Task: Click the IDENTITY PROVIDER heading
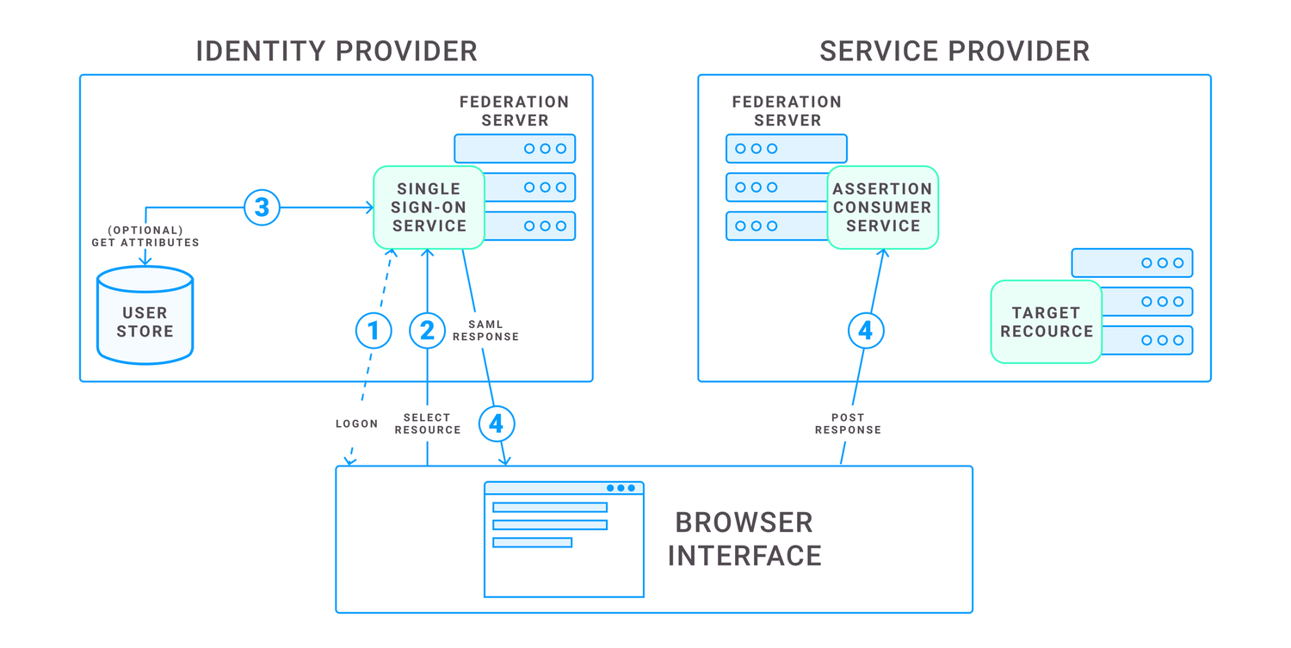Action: pos(337,51)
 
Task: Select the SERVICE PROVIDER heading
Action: pos(954,51)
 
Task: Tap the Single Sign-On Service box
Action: pos(429,207)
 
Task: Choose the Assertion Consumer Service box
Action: pos(882,207)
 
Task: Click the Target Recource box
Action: pos(1046,322)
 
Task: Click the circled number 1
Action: pos(374,330)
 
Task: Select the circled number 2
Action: pos(427,330)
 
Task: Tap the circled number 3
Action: pos(262,207)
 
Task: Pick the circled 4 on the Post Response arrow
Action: pos(866,330)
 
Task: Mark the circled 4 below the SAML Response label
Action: pos(497,423)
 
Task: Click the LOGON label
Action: pos(356,423)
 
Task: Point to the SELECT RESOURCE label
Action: pos(428,423)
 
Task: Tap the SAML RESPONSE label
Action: pos(485,330)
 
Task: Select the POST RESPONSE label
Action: pos(848,423)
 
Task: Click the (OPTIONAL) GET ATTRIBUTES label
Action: pos(145,237)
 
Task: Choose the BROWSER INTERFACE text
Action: pos(744,539)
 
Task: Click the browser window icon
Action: pos(564,540)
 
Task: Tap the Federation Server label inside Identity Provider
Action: pos(514,111)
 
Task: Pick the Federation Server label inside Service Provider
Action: pos(787,111)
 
